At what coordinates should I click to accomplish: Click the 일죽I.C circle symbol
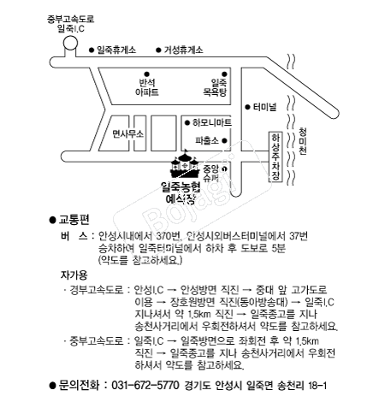pyautogui.click(x=70, y=43)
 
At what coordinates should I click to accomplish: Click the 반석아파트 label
pyautogui.click(x=147, y=87)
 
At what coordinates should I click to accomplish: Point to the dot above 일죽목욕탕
pyautogui.click(x=224, y=74)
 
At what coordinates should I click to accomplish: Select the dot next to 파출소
pyautogui.click(x=224, y=140)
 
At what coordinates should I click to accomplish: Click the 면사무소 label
pyautogui.click(x=127, y=133)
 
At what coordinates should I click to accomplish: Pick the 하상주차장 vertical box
pyautogui.click(x=275, y=157)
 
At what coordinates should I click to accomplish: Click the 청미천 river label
pyautogui.click(x=303, y=141)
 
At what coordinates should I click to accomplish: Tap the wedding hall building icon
pyautogui.click(x=185, y=164)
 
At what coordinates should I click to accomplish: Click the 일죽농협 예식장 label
pyautogui.click(x=181, y=192)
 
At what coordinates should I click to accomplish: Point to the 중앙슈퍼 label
pyautogui.click(x=210, y=174)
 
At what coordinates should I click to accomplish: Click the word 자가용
pyautogui.click(x=74, y=275)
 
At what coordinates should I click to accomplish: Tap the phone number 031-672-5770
pyautogui.click(x=145, y=385)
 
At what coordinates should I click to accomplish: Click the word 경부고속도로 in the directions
pyautogui.click(x=97, y=290)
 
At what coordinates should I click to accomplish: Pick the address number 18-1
pyautogui.click(x=317, y=386)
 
